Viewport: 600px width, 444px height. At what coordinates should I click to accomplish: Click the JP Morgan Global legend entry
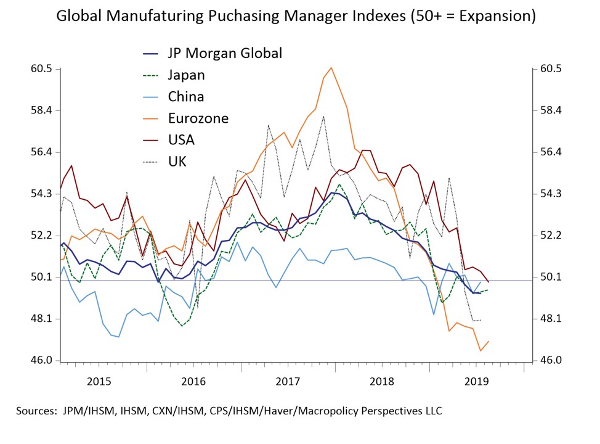pyautogui.click(x=224, y=53)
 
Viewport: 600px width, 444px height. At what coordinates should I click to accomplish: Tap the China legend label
pyautogui.click(x=185, y=96)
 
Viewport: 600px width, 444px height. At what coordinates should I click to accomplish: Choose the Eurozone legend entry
pyautogui.click(x=198, y=118)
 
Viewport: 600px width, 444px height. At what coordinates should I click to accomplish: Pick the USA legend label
pyautogui.click(x=181, y=139)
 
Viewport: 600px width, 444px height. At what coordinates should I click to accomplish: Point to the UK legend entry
pyautogui.click(x=177, y=161)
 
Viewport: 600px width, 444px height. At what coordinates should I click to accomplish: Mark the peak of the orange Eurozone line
pyautogui.click(x=331, y=68)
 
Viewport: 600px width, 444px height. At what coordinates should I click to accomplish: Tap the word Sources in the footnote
pyautogui.click(x=36, y=411)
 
